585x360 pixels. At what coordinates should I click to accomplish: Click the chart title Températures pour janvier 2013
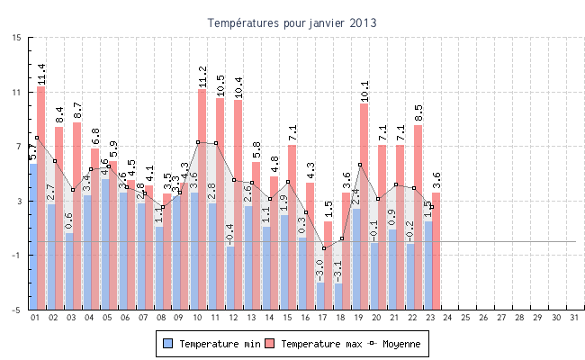click(292, 22)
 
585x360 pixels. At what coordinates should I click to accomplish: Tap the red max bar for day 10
click(202, 198)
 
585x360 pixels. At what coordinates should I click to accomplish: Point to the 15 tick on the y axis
click(18, 38)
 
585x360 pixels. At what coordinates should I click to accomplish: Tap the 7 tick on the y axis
click(18, 147)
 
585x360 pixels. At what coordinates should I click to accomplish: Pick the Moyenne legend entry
click(393, 344)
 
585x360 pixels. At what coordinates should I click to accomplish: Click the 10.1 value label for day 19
click(364, 91)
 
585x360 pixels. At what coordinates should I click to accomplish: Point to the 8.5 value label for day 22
click(418, 113)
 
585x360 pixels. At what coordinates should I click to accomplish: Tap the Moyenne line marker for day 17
click(324, 248)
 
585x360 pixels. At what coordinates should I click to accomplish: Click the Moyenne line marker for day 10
click(198, 142)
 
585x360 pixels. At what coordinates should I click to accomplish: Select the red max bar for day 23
click(436, 252)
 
